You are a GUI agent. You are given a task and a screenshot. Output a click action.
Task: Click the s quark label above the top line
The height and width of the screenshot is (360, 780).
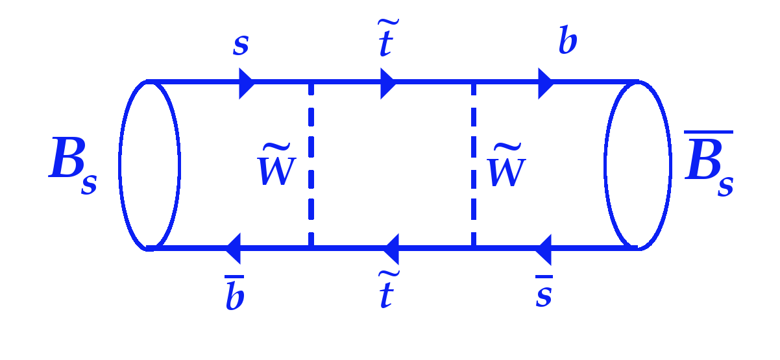(241, 45)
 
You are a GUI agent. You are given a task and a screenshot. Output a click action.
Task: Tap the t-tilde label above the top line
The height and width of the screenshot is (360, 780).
(388, 38)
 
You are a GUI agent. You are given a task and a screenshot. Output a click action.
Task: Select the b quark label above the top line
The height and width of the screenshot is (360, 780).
(567, 40)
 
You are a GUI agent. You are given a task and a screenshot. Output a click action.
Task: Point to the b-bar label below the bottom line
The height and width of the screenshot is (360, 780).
(235, 293)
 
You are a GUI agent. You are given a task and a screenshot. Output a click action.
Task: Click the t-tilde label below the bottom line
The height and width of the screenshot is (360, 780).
(388, 289)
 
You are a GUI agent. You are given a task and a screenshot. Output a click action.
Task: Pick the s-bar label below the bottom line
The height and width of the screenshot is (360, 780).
(544, 291)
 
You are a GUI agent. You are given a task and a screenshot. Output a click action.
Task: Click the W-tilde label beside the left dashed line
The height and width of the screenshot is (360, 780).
(276, 164)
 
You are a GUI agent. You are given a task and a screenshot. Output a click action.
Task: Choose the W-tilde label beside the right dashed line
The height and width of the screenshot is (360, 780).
(506, 165)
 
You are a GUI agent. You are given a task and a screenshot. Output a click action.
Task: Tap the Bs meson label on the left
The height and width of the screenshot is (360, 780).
(73, 165)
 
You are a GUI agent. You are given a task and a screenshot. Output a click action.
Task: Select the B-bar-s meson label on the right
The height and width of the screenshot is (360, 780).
(709, 163)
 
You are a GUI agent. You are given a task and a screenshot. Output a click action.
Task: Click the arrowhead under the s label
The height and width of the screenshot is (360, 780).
(247, 84)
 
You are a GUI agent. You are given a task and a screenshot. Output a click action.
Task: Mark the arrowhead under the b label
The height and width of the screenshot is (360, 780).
(546, 84)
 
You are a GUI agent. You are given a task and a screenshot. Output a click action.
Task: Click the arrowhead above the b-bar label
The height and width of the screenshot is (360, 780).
(233, 248)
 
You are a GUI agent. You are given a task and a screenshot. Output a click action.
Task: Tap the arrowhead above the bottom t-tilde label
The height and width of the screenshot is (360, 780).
(391, 249)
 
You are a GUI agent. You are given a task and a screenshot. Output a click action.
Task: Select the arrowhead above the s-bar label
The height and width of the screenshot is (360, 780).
(544, 250)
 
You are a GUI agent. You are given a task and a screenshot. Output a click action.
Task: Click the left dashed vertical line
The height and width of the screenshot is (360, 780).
(311, 165)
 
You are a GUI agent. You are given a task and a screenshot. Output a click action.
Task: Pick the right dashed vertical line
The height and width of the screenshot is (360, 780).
(474, 165)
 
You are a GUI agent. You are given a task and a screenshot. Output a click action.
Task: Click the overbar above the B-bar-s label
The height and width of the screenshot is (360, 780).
(709, 132)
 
